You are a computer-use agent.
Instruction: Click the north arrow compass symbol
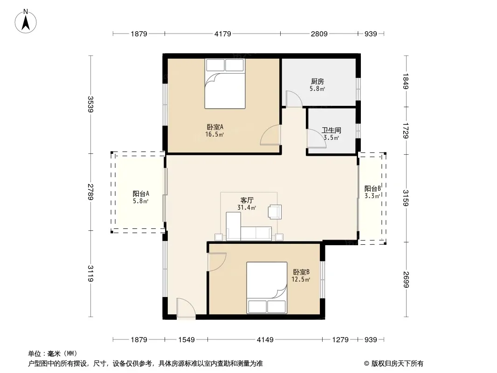(x=26, y=21)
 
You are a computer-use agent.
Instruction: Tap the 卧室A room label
(x=215, y=127)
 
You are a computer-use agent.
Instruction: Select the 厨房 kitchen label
(x=318, y=82)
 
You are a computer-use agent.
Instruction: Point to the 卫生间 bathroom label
(x=331, y=130)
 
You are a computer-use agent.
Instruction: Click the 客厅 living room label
(x=247, y=200)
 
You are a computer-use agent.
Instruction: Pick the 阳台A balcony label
(x=141, y=193)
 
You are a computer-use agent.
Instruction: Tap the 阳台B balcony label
(x=373, y=188)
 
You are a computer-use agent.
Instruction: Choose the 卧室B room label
(x=301, y=272)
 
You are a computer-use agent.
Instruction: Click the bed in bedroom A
(x=225, y=83)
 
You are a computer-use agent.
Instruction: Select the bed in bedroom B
(x=267, y=288)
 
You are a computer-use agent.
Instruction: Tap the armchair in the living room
(x=275, y=212)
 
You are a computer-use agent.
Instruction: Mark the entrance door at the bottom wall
(x=186, y=307)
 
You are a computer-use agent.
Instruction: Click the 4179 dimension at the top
(x=223, y=34)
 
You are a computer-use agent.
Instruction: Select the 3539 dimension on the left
(x=90, y=104)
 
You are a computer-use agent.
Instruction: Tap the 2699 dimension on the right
(x=406, y=280)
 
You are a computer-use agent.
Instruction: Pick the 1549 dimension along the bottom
(x=186, y=340)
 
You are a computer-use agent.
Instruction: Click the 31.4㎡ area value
(x=247, y=208)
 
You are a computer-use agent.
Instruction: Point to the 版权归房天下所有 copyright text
(x=397, y=364)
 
